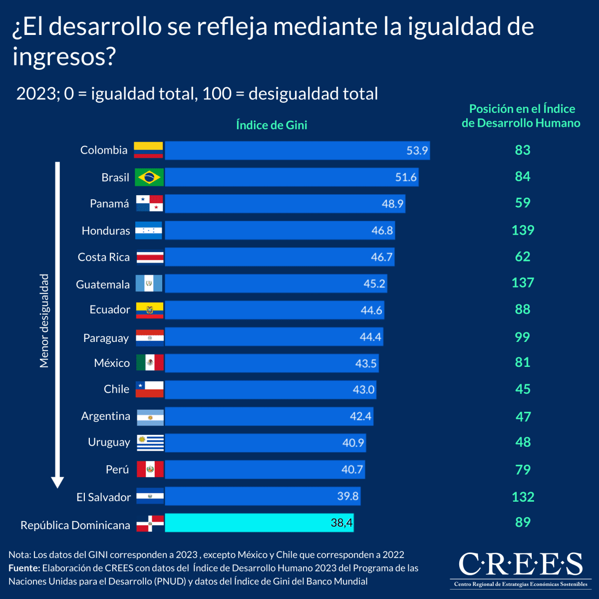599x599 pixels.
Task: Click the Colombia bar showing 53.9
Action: (x=297, y=150)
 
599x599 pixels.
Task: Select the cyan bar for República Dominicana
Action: (x=259, y=523)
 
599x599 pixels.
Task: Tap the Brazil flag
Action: (x=149, y=177)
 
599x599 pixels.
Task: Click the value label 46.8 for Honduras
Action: (x=382, y=230)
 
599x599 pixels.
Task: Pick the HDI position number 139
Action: (x=523, y=230)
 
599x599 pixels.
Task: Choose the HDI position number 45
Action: (x=523, y=389)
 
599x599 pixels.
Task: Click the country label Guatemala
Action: (x=103, y=285)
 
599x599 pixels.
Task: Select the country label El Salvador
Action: (x=103, y=497)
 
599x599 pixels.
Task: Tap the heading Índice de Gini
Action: (x=272, y=125)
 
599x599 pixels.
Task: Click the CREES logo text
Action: (x=521, y=564)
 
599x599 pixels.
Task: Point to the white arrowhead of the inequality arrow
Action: (x=57, y=482)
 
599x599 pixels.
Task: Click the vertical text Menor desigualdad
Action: (x=44, y=321)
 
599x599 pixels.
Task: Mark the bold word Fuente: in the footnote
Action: (x=24, y=568)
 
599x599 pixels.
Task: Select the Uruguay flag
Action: (x=150, y=442)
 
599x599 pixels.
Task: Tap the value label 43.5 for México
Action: (x=365, y=363)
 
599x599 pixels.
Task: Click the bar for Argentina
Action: (x=269, y=416)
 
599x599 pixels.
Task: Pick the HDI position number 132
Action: (x=523, y=497)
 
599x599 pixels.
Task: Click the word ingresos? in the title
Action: (x=64, y=56)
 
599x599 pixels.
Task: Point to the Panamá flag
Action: (x=150, y=204)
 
